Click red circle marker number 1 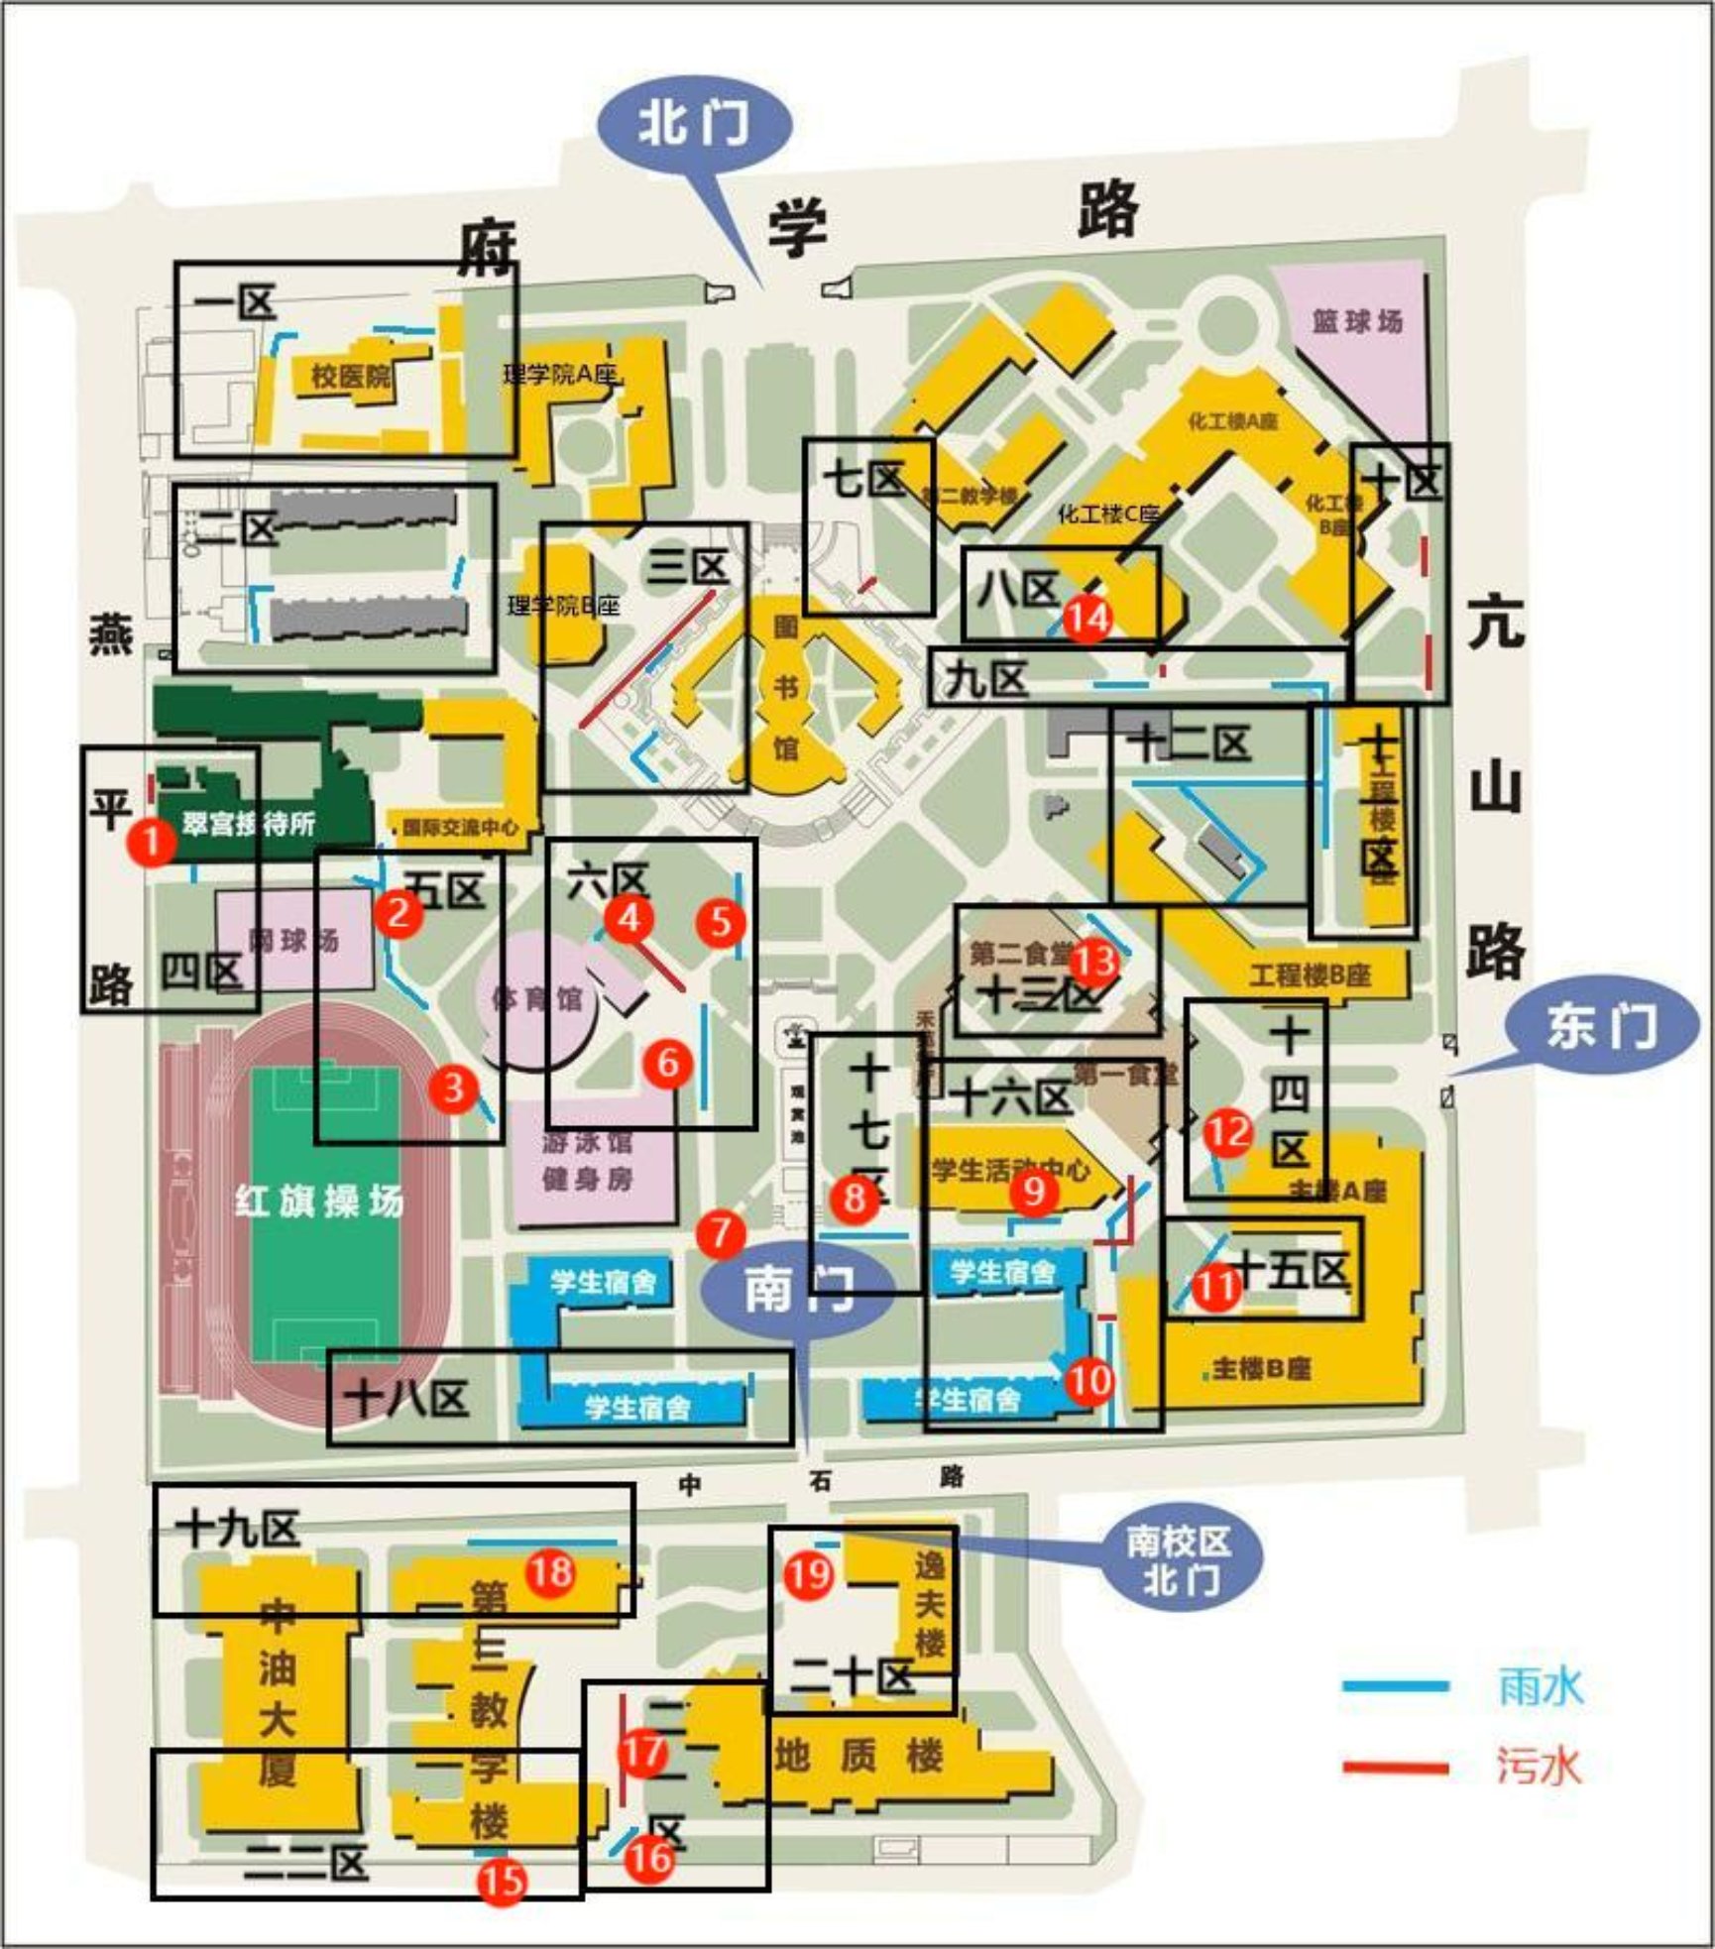click(x=152, y=842)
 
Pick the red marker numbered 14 click(x=1087, y=618)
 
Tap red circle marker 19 click(x=809, y=1573)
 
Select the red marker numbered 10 click(x=1089, y=1380)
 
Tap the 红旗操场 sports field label click(x=319, y=1202)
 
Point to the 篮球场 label click(x=1357, y=321)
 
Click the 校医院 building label click(x=351, y=376)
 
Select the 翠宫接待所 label click(x=248, y=823)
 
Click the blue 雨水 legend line click(x=1395, y=1685)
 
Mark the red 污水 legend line click(x=1395, y=1766)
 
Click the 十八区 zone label click(x=406, y=1399)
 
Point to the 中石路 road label click(x=819, y=1480)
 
